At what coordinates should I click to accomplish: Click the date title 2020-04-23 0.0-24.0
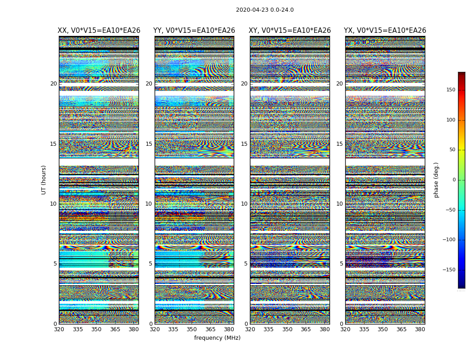click(x=265, y=10)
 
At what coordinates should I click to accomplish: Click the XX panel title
click(x=99, y=31)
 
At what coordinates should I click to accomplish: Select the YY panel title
click(x=194, y=31)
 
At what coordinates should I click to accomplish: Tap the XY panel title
click(x=290, y=31)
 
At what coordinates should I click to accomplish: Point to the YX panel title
click(x=385, y=31)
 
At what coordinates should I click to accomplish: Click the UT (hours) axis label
click(x=44, y=180)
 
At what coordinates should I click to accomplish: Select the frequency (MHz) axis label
click(x=217, y=338)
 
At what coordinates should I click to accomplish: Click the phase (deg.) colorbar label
click(x=436, y=180)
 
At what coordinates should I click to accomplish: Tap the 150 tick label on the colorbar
click(x=450, y=90)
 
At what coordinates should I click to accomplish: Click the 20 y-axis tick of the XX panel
click(x=53, y=84)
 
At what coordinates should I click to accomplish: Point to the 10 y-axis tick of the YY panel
click(x=149, y=204)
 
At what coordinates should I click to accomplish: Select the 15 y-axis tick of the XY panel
click(x=244, y=144)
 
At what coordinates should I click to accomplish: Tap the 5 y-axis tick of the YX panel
click(x=341, y=264)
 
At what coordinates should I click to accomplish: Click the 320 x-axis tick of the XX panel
click(x=59, y=329)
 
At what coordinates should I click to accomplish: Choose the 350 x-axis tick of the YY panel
click(x=192, y=329)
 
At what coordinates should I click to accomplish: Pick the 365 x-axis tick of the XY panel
click(x=306, y=329)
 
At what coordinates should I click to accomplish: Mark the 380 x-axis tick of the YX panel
click(x=420, y=329)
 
